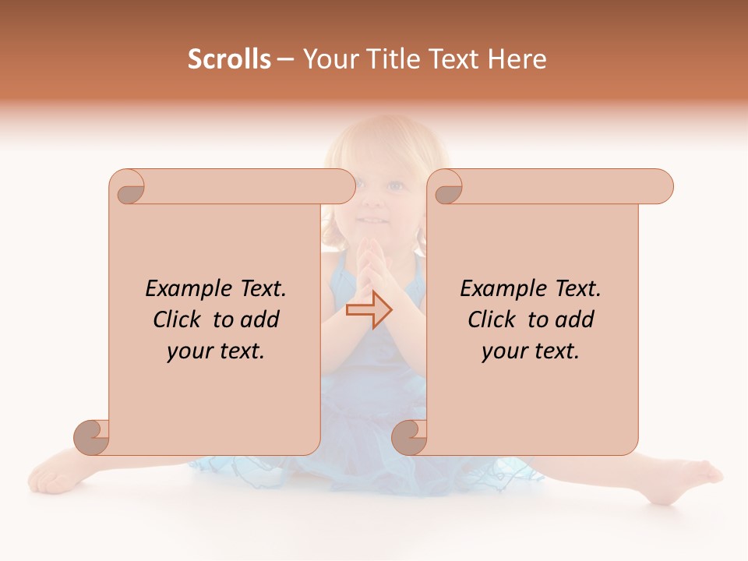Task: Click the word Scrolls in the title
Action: click(x=229, y=59)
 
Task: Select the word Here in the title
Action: click(x=517, y=59)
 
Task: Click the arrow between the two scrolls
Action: click(x=369, y=310)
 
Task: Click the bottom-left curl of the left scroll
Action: click(x=92, y=437)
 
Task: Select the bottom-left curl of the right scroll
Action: click(x=410, y=437)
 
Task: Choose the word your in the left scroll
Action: click(x=188, y=351)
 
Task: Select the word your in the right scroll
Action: click(x=503, y=351)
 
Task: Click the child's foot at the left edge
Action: click(x=51, y=476)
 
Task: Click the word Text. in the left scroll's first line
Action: click(x=259, y=289)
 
